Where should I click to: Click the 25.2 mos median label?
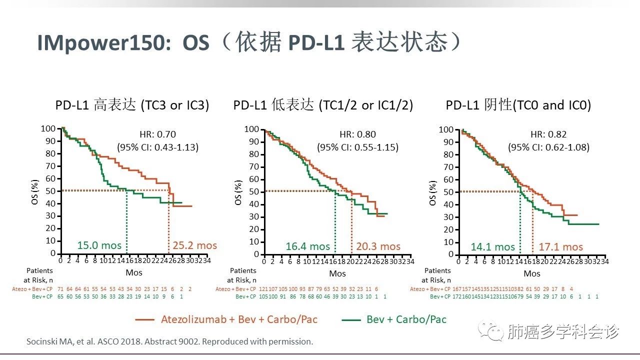click(x=195, y=245)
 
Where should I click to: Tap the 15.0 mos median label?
click(x=98, y=245)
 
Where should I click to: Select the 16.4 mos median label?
click(x=308, y=246)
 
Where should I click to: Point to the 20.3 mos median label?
click(x=378, y=246)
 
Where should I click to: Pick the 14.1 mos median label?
click(x=492, y=246)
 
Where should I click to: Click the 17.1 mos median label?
click(x=560, y=246)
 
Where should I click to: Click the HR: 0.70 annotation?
click(x=157, y=134)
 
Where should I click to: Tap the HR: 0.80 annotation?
click(x=357, y=134)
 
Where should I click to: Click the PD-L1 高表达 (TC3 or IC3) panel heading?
click(x=132, y=105)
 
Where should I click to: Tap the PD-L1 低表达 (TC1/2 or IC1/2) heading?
click(x=323, y=105)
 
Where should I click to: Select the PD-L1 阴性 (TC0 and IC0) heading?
click(x=518, y=105)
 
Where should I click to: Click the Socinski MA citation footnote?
click(x=169, y=342)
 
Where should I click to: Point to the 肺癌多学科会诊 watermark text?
click(x=562, y=331)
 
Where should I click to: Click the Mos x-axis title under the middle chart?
click(x=337, y=273)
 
